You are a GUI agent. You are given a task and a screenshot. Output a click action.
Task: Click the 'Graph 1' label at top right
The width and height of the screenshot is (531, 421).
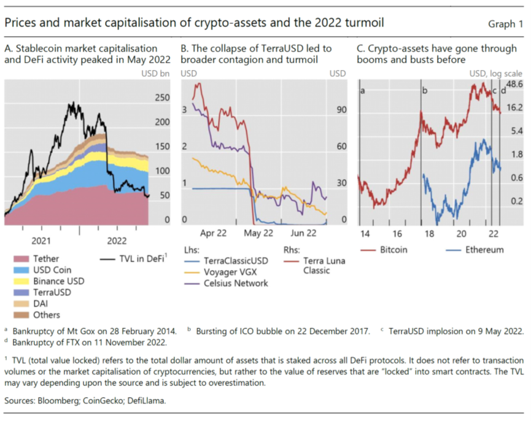506,25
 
